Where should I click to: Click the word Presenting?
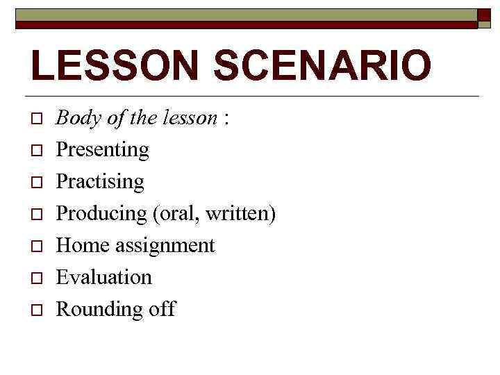click(x=102, y=150)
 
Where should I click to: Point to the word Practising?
click(x=99, y=182)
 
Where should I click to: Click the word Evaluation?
click(x=103, y=277)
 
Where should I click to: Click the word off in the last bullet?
click(x=162, y=309)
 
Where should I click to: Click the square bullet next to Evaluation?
click(x=36, y=278)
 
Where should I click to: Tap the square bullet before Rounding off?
click(x=36, y=310)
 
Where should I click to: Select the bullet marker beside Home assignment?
click(x=36, y=247)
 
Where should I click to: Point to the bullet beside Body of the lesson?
click(x=36, y=119)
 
